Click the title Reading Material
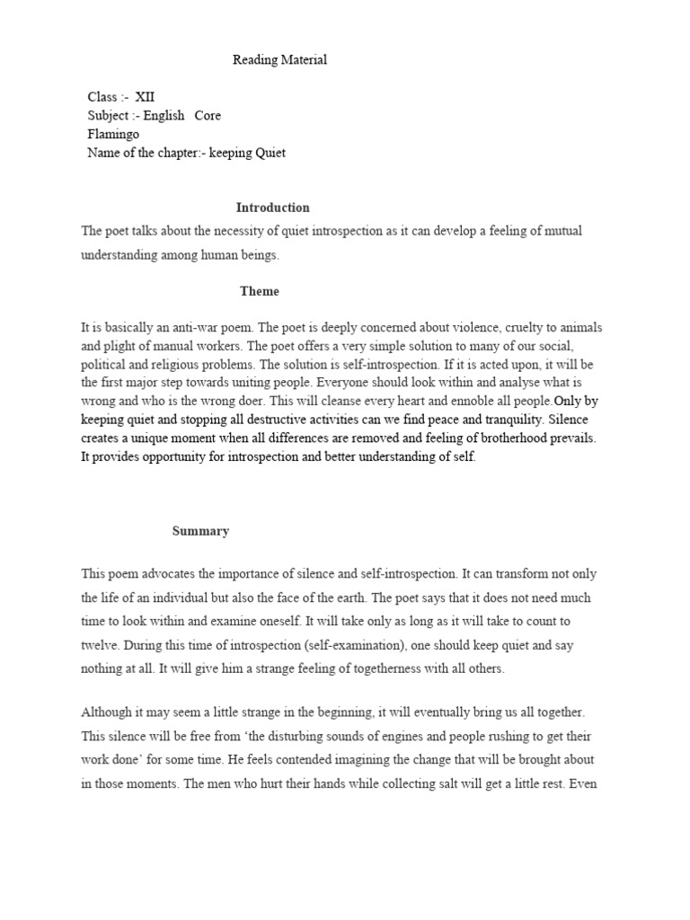(279, 60)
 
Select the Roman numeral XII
(145, 96)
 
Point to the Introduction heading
(272, 208)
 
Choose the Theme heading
(260, 291)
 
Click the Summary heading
(200, 531)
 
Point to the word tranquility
(507, 420)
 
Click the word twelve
(100, 644)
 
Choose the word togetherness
(359, 668)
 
